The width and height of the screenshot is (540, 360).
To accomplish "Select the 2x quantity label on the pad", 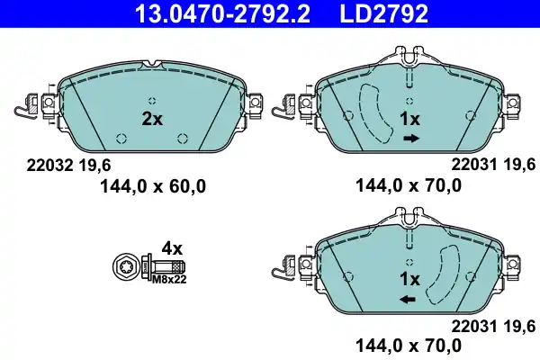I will pyautogui.click(x=153, y=118).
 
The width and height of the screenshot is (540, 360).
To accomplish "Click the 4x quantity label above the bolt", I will pyautogui.click(x=171, y=247).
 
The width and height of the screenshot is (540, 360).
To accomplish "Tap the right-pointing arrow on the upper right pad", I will pyautogui.click(x=412, y=139).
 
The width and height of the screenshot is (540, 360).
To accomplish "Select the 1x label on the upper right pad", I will pyautogui.click(x=409, y=120).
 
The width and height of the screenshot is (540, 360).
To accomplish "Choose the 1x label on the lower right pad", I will pyautogui.click(x=409, y=278).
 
